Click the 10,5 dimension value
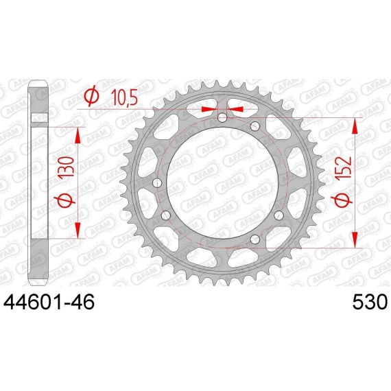(124, 97)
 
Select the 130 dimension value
(67, 167)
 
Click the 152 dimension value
(343, 167)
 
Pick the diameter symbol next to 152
(342, 201)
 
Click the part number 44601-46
(49, 302)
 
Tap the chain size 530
(370, 302)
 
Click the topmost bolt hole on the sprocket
(222, 118)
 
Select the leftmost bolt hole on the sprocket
(157, 183)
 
